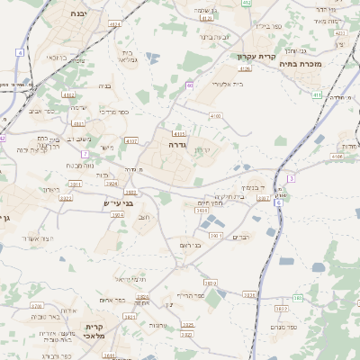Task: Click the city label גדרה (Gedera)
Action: tap(175, 143)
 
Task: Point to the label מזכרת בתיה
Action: tap(301, 64)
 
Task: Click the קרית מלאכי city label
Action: tap(95, 330)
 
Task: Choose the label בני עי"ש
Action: tap(119, 203)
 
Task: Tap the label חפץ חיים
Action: tap(210, 203)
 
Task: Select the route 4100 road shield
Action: tap(215, 116)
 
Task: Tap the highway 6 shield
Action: tap(279, 203)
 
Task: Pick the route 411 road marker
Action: tap(317, 94)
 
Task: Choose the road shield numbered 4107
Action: tap(132, 140)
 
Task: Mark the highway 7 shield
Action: tap(84, 154)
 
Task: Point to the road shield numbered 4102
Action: tap(68, 94)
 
